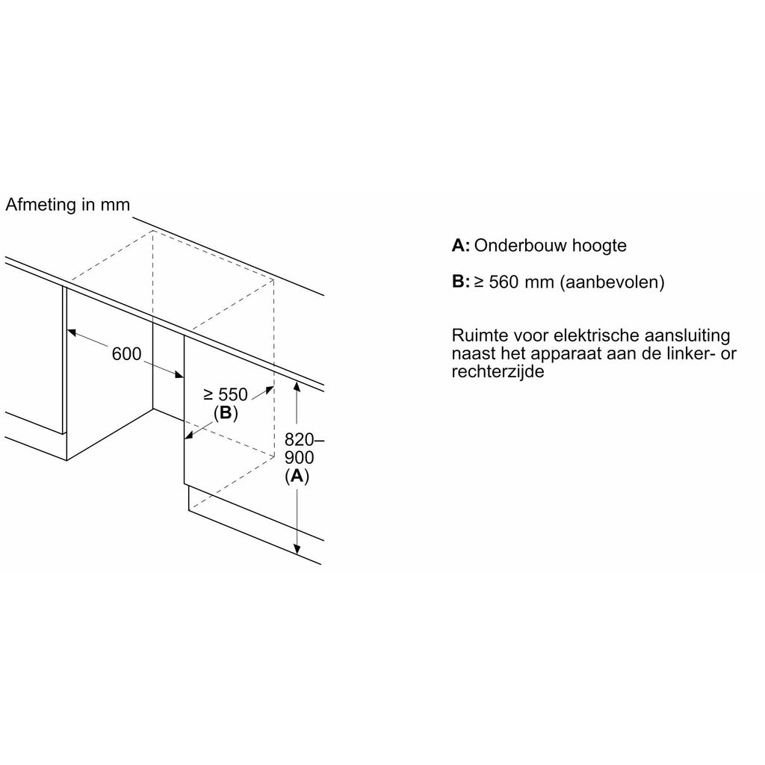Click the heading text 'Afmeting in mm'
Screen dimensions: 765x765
[68, 205]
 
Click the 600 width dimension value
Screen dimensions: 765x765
[126, 353]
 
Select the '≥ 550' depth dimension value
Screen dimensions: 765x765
[226, 394]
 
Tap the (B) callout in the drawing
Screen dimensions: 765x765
[226, 413]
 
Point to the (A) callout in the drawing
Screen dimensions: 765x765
[297, 476]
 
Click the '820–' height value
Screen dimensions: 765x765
[304, 439]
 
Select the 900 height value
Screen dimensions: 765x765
[299, 458]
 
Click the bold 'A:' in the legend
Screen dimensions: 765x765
[460, 245]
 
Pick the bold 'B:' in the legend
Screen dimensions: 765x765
[460, 282]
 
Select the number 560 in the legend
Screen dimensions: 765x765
[504, 282]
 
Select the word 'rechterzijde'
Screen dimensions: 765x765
[498, 373]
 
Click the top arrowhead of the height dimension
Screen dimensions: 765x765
[296, 387]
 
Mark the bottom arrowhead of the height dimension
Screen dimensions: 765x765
[296, 549]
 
